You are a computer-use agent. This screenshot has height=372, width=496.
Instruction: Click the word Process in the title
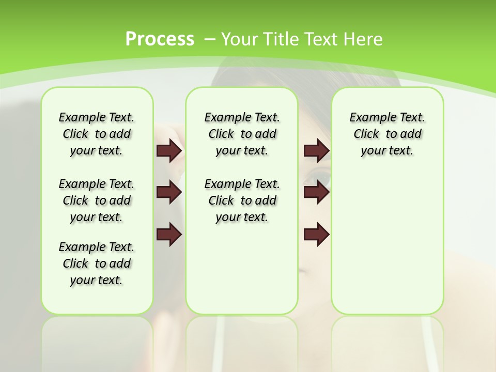(x=160, y=39)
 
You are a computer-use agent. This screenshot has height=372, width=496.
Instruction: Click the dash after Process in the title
(x=209, y=39)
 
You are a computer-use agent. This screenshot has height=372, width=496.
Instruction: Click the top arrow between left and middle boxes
(x=169, y=150)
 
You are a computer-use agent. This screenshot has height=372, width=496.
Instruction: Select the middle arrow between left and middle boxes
(x=169, y=192)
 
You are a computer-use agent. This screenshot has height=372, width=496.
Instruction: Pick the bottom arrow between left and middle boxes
(x=169, y=235)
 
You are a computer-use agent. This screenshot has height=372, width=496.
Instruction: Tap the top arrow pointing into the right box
(x=316, y=150)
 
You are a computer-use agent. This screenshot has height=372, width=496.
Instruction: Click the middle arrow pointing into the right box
(x=316, y=192)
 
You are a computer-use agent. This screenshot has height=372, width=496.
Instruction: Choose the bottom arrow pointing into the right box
(x=316, y=235)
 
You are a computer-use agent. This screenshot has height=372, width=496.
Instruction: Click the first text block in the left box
(x=97, y=134)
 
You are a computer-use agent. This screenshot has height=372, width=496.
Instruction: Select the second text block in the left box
(x=97, y=200)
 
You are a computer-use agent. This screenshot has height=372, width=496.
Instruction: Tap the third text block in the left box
(x=97, y=263)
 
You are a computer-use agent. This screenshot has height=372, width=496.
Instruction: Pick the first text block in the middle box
(x=242, y=134)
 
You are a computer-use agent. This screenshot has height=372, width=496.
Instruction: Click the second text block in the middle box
(x=242, y=200)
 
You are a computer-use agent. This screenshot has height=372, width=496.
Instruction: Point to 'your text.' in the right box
(x=387, y=151)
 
